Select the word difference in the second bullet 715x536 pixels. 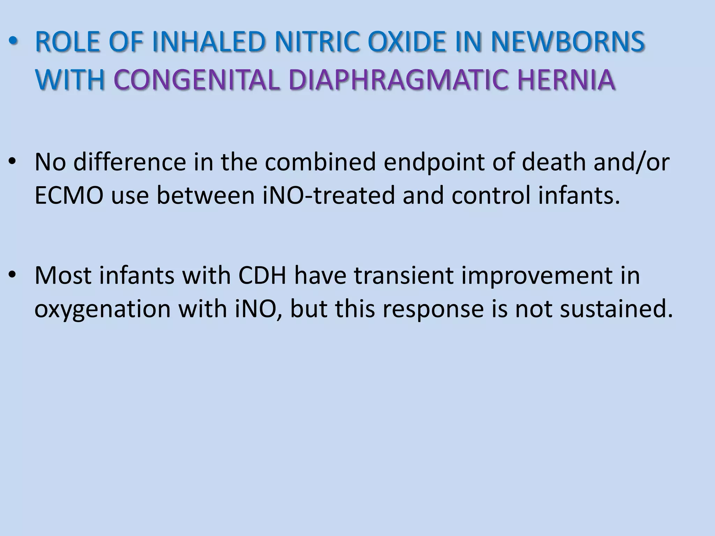[130, 162]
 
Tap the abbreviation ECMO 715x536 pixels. [69, 195]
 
